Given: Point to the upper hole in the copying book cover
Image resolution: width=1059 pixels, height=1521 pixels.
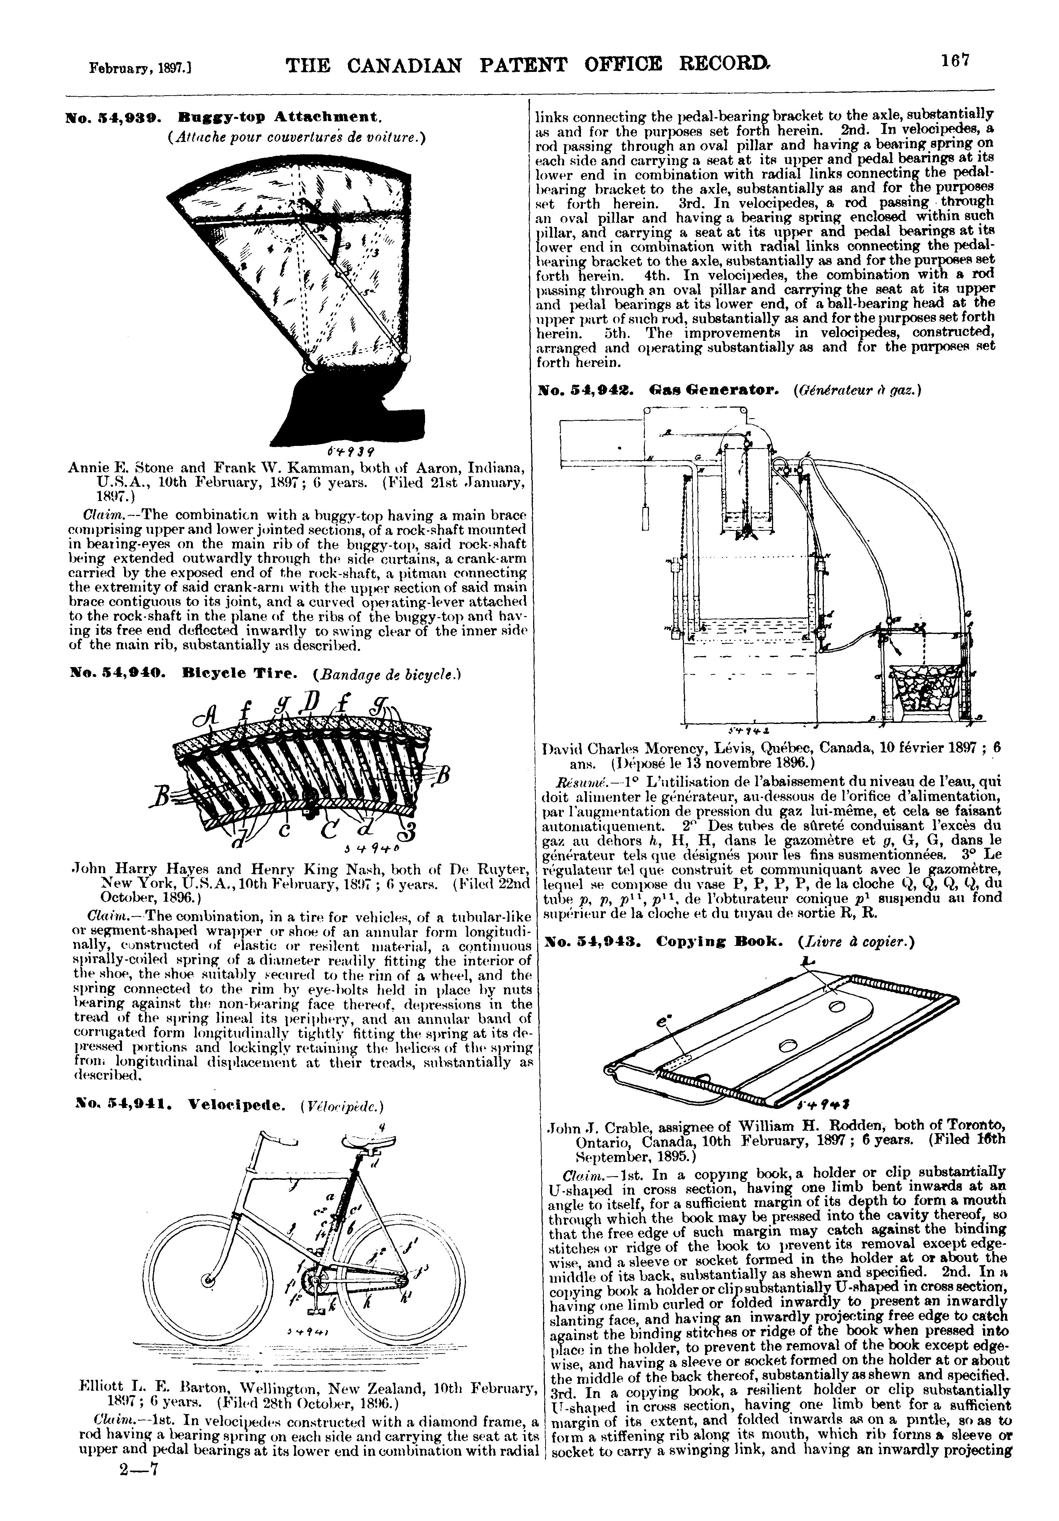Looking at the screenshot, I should click(836, 1007).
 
